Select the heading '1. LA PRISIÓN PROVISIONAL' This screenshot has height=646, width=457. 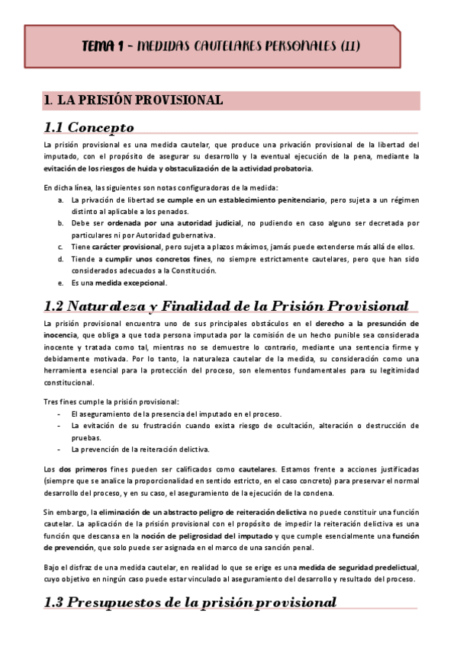134,101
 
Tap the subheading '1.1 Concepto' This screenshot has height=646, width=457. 89,127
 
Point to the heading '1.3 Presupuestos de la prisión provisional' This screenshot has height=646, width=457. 190,602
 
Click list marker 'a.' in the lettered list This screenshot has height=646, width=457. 61,200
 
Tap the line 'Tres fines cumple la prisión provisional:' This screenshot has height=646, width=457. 111,401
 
